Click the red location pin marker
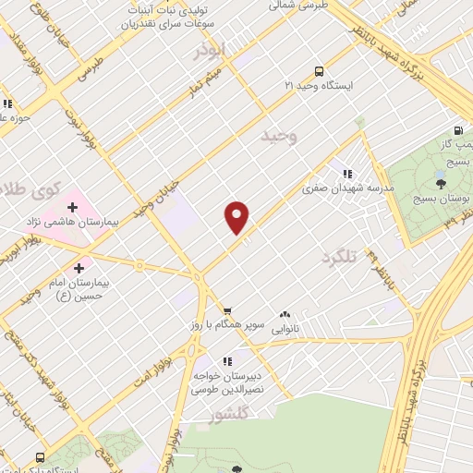click(237, 216)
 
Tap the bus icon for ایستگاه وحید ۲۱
click(320, 70)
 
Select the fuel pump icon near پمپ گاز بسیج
click(457, 131)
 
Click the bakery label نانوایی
click(284, 328)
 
